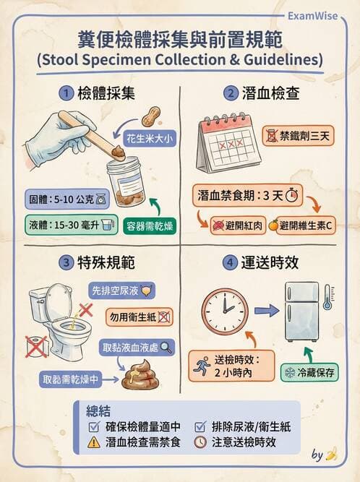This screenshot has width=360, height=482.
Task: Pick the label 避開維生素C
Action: (299, 225)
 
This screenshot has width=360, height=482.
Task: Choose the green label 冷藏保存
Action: (309, 373)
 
